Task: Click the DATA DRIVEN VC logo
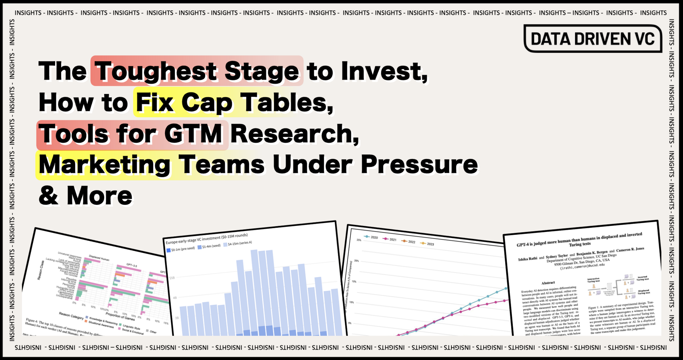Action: (x=593, y=39)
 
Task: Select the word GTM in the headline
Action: (x=193, y=134)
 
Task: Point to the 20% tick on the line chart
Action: (x=356, y=261)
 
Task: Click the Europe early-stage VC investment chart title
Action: (x=206, y=239)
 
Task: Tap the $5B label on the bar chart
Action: (x=172, y=278)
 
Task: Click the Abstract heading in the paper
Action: (x=548, y=283)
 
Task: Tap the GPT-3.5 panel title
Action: (x=132, y=265)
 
